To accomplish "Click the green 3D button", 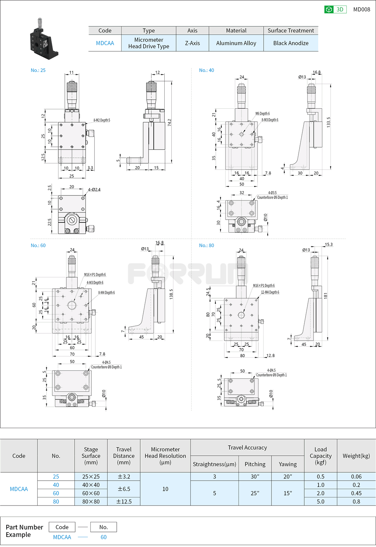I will (x=335, y=9).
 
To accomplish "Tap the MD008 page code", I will (x=361, y=9).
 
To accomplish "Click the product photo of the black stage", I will (x=44, y=38).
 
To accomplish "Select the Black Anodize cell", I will (x=291, y=43).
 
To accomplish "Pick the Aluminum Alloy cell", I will (x=236, y=43).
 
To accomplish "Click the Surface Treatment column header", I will (x=291, y=30).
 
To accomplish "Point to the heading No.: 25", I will (x=38, y=70).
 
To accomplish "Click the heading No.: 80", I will (x=206, y=246).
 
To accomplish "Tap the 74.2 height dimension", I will (x=169, y=123).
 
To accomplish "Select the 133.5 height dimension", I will (x=329, y=122).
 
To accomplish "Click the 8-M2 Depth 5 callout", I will (x=102, y=120).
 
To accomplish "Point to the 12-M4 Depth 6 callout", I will (x=270, y=292).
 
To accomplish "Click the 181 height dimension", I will (x=326, y=295).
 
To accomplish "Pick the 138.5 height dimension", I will (x=171, y=294).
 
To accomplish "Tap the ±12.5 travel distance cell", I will (x=123, y=502).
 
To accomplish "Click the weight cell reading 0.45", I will (x=356, y=493).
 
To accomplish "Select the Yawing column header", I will (x=287, y=464).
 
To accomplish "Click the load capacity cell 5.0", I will (x=320, y=502).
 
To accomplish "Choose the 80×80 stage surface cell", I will (x=91, y=502).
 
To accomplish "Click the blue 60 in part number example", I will (x=103, y=537).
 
